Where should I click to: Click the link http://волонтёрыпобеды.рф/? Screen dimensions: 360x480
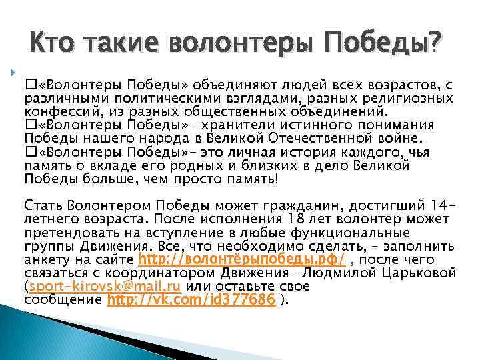tap(241, 260)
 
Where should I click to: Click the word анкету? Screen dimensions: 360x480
tap(45, 260)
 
